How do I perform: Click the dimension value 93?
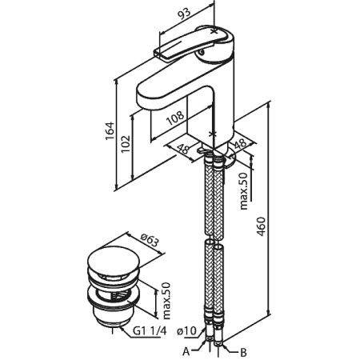(185, 14)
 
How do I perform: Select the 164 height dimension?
(110, 130)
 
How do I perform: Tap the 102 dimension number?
(125, 144)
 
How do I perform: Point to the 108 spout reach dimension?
(175, 118)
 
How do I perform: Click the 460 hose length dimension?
(262, 226)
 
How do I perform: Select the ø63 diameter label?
(150, 240)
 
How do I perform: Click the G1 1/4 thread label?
(150, 331)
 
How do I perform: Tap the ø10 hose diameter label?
(186, 331)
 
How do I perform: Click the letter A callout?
(186, 352)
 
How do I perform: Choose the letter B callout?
(243, 353)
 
